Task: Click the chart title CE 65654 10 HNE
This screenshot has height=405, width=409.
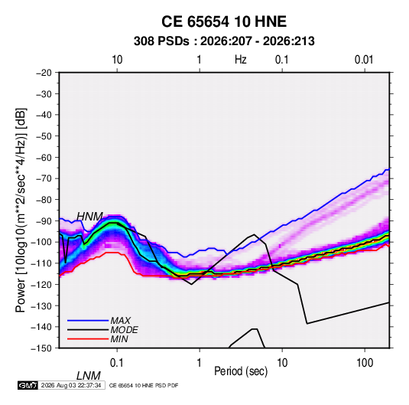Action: (x=224, y=21)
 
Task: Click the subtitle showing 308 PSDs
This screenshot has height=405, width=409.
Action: (x=224, y=41)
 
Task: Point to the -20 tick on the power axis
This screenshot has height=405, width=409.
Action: (x=44, y=73)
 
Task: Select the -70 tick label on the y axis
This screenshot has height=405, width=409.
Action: (x=44, y=178)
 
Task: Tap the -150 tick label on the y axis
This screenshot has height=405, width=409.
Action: (x=42, y=348)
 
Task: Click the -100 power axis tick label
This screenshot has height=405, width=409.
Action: (x=42, y=242)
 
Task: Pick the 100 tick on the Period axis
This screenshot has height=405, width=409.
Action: (x=365, y=363)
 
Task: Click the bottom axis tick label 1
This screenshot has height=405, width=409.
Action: (x=200, y=363)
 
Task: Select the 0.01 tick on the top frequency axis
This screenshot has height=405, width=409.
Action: (x=364, y=60)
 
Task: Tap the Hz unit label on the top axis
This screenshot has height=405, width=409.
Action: (x=241, y=60)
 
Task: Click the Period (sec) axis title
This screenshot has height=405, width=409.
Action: (x=241, y=371)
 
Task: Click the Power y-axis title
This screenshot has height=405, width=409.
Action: (x=21, y=210)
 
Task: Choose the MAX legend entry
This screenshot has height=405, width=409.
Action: (x=120, y=320)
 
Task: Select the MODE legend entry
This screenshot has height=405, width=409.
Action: (x=124, y=330)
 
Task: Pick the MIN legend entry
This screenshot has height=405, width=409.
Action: (x=119, y=339)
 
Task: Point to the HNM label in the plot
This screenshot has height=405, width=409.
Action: (x=89, y=217)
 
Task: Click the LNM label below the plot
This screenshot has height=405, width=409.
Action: (x=89, y=376)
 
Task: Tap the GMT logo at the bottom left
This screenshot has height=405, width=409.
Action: (x=28, y=385)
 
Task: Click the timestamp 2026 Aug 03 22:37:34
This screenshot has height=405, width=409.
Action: (x=71, y=385)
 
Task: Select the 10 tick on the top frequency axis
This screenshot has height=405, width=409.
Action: (x=117, y=60)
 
